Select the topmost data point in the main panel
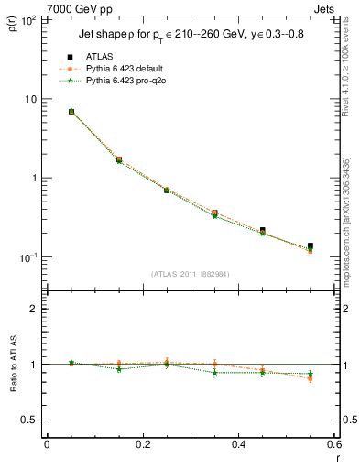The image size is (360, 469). tap(71, 112)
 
